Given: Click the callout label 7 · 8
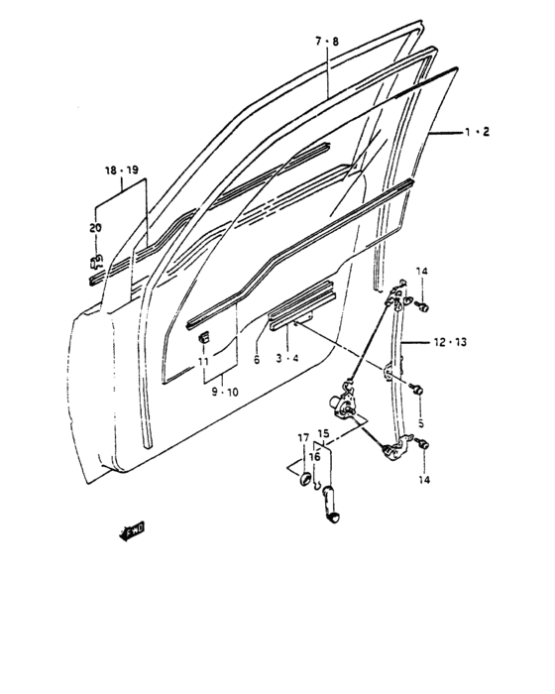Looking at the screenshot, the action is click(x=327, y=42).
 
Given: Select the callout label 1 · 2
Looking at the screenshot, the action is click(x=477, y=132).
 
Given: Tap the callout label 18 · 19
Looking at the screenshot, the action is click(x=121, y=170).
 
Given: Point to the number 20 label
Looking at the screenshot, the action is click(x=95, y=228).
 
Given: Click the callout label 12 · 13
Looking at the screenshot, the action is click(x=450, y=342).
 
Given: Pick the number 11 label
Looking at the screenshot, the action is click(x=203, y=362).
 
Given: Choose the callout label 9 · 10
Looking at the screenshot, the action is click(x=225, y=392).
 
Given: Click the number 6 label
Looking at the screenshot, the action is click(x=257, y=360).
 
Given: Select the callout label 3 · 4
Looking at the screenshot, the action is click(x=287, y=358).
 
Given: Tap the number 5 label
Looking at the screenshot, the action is click(x=420, y=423).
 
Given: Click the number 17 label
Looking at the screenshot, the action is click(x=303, y=438).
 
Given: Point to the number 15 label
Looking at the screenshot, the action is click(x=323, y=433).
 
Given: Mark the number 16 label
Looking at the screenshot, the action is click(x=315, y=457).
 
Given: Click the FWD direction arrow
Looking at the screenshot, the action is click(x=132, y=531).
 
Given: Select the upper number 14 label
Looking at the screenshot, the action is click(x=422, y=271).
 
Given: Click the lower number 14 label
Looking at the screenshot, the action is click(x=424, y=479).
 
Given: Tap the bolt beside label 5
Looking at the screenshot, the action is click(x=417, y=390).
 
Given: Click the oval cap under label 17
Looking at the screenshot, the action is click(x=305, y=479).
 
